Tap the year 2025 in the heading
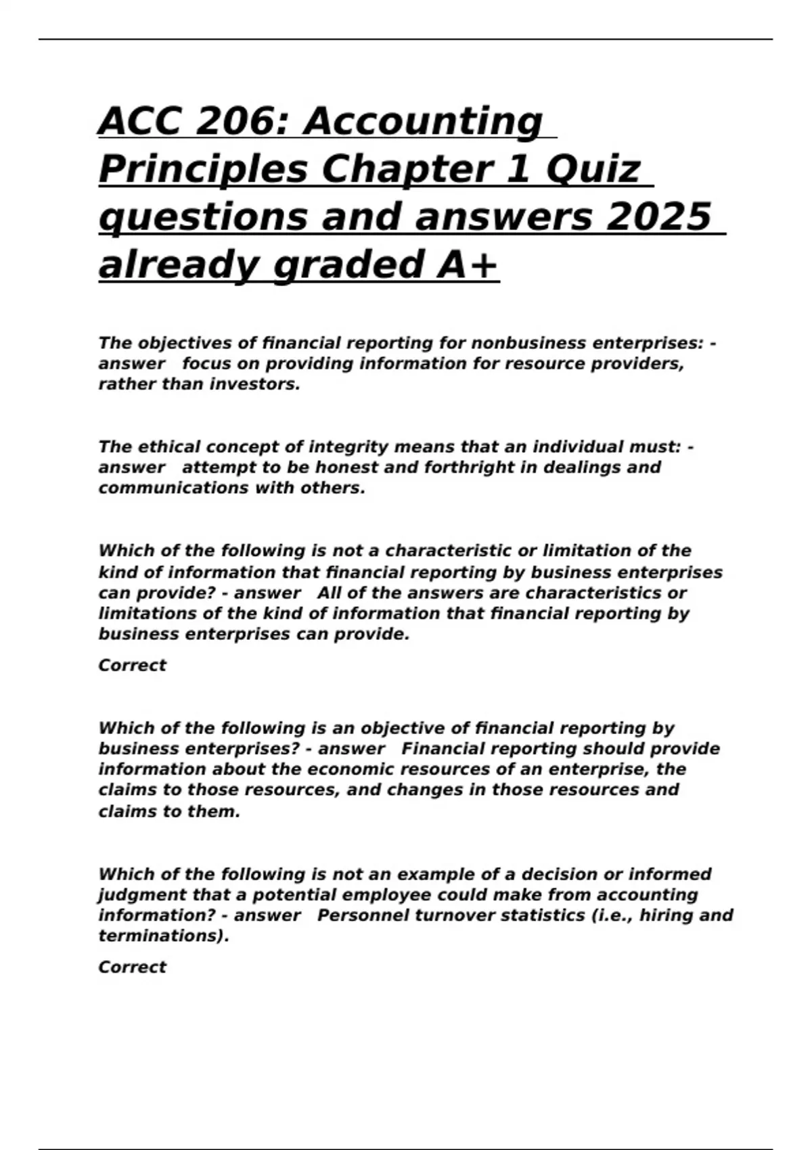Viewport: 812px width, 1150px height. pyautogui.click(x=659, y=216)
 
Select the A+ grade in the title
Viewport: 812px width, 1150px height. pyautogui.click(x=468, y=264)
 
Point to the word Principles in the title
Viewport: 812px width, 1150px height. pyautogui.click(x=203, y=170)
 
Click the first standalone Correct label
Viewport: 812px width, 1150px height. pyautogui.click(x=132, y=665)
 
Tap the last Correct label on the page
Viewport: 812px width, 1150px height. pyautogui.click(x=132, y=967)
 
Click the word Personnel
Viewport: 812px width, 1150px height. pyautogui.click(x=360, y=915)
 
